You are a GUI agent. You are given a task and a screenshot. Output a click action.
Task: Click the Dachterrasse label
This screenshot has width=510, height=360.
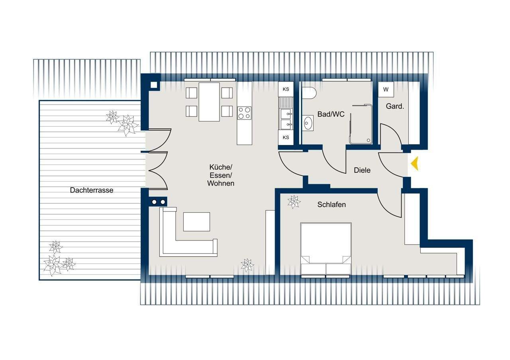click(92, 190)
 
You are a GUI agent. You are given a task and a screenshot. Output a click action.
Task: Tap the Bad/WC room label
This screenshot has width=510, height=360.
click(331, 114)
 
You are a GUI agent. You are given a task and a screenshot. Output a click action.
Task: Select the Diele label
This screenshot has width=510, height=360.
click(362, 170)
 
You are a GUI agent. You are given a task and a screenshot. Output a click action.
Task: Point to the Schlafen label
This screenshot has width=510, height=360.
click(331, 204)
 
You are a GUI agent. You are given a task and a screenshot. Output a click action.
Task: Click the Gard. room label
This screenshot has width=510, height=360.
click(395, 106)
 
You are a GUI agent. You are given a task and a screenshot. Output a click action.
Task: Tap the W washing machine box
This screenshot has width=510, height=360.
click(386, 90)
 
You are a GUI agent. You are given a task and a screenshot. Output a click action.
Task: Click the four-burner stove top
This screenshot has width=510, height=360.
click(244, 113)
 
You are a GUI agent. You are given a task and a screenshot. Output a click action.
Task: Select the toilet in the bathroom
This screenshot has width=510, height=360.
click(309, 93)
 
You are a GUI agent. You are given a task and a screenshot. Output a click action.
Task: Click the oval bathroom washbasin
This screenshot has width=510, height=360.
click(308, 123)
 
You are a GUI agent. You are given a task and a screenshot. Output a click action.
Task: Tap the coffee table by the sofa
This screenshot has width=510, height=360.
click(196, 222)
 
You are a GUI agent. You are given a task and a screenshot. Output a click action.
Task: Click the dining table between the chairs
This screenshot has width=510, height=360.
click(209, 102)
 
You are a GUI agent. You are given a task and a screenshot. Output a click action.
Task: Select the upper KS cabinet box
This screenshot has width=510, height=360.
click(286, 89)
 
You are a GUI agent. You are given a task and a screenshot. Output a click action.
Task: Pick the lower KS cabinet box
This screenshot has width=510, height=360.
click(286, 137)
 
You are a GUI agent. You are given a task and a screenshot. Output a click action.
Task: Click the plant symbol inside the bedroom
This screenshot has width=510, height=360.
click(294, 202)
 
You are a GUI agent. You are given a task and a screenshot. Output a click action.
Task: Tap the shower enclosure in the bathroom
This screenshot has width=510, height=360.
click(361, 124)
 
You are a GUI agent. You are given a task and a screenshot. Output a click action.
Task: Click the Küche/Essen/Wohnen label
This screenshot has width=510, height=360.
click(221, 175)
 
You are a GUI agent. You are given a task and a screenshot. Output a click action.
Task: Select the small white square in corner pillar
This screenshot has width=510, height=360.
click(154, 85)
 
